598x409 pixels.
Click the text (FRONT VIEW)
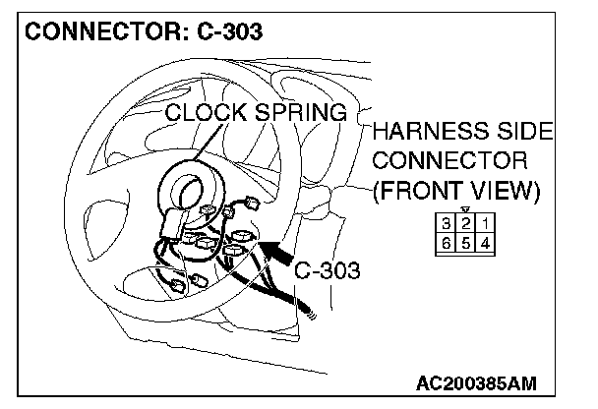(456, 190)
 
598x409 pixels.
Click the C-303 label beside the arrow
(327, 270)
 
